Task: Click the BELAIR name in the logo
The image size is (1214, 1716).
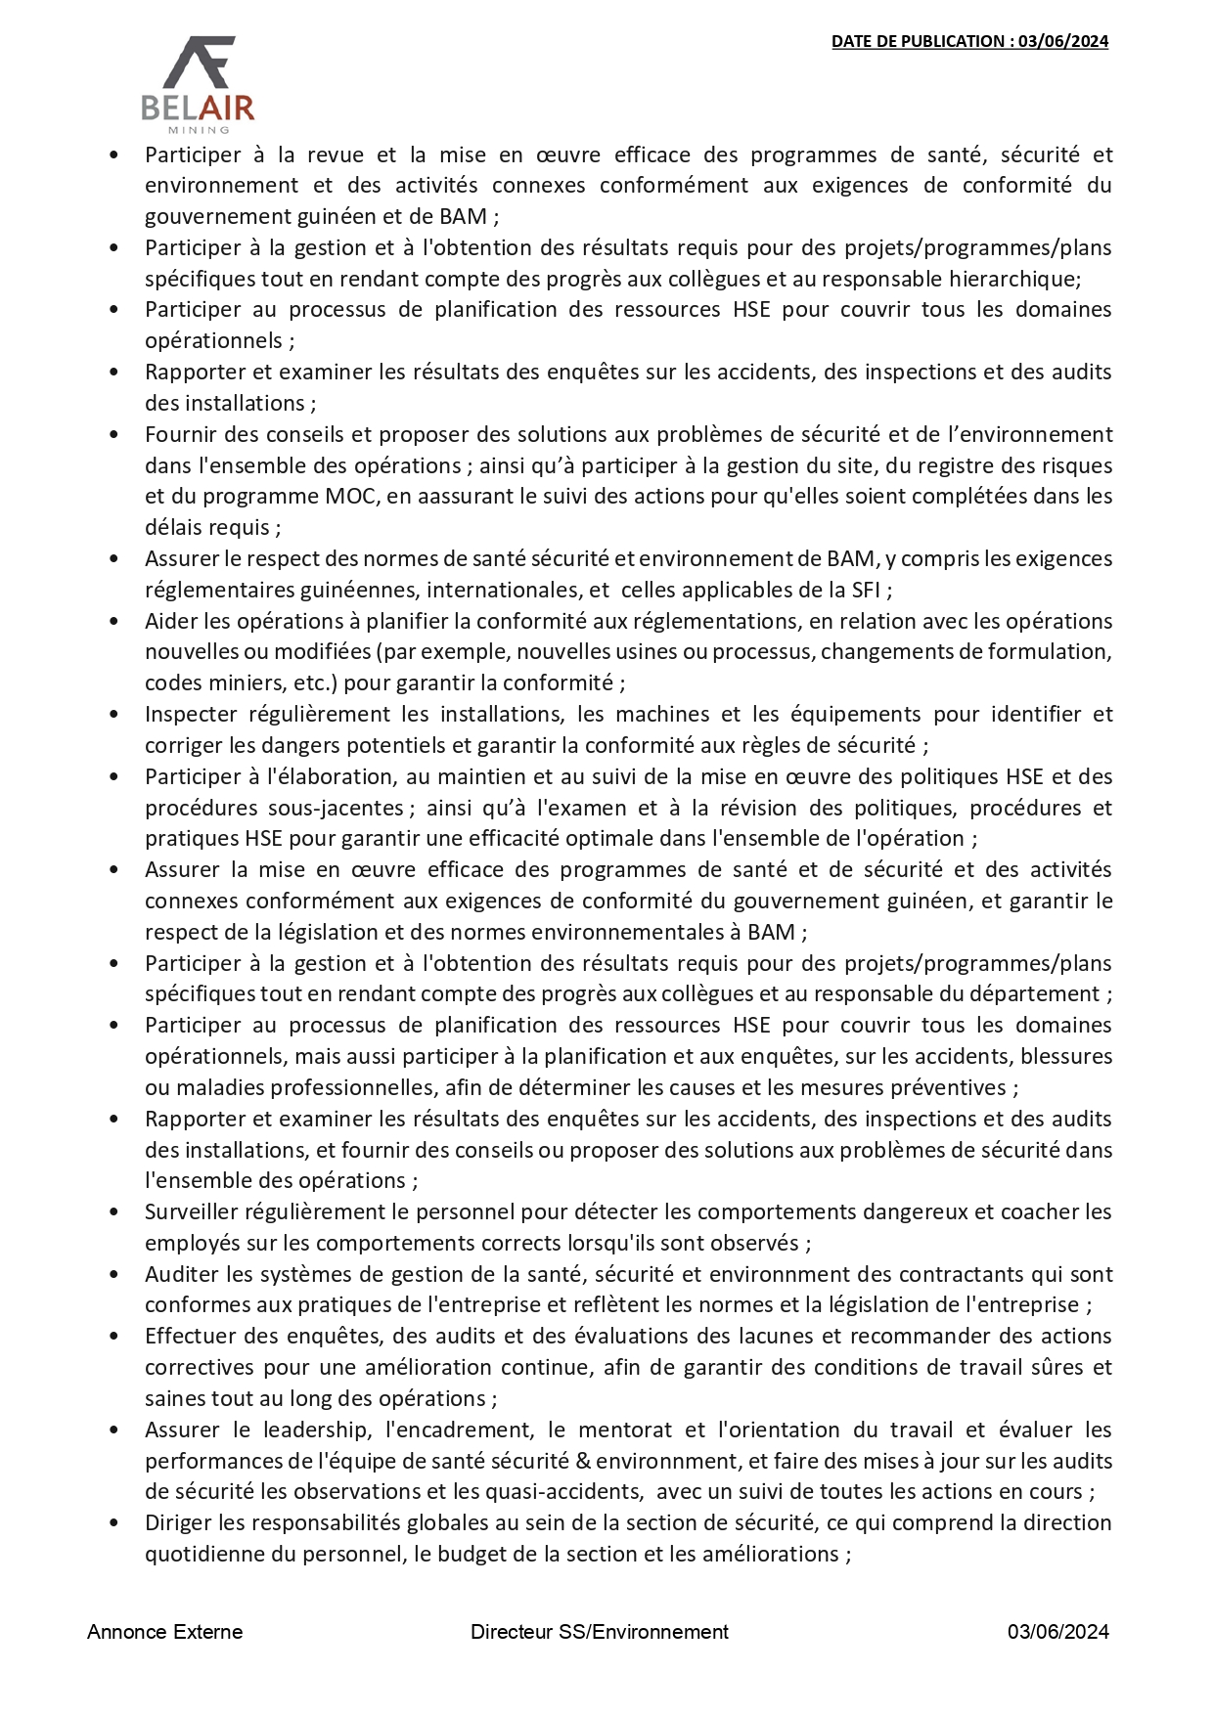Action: (199, 108)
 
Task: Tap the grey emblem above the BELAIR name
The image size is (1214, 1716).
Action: (200, 62)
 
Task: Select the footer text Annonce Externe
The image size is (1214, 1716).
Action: (164, 1632)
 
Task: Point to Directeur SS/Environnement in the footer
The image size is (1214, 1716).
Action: (599, 1632)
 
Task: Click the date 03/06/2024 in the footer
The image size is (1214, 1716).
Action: (1058, 1632)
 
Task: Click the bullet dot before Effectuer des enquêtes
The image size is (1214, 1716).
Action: (114, 1337)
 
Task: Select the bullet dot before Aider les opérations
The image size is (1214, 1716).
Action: (114, 621)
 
